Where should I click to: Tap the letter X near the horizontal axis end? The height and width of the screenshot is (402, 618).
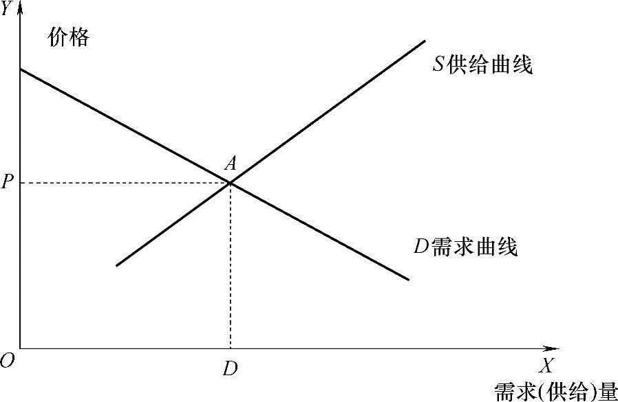546,365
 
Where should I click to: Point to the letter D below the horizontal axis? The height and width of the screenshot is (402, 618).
231,368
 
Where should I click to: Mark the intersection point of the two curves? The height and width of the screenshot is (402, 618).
230,183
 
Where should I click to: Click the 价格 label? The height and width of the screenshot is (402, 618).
68,37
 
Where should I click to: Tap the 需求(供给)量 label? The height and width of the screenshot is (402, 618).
556,390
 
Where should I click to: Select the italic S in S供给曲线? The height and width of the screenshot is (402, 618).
438,66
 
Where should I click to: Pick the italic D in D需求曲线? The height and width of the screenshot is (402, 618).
421,246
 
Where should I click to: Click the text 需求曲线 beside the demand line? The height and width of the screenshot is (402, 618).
475,246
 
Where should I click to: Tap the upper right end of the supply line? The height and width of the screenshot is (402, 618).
425,42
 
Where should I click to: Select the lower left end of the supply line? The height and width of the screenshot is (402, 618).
117,265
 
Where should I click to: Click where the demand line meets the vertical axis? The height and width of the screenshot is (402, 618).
20,69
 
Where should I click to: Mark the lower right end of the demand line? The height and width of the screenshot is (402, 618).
409,280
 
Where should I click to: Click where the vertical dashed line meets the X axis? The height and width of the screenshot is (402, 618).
230,348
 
